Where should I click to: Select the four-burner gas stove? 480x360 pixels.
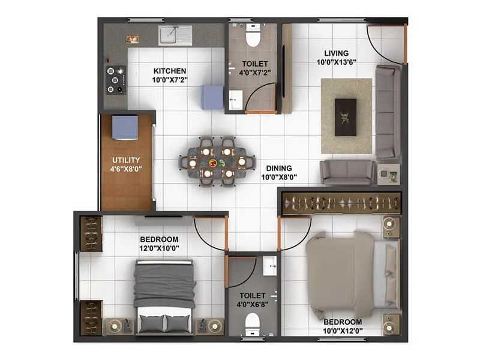pyautogui.click(x=116, y=79)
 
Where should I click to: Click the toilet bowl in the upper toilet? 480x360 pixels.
pyautogui.click(x=252, y=38)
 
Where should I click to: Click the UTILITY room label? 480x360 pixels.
pyautogui.click(x=127, y=160)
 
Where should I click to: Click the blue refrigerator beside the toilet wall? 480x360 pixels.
pyautogui.click(x=212, y=97)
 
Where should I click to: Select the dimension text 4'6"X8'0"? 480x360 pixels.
pyautogui.click(x=127, y=169)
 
